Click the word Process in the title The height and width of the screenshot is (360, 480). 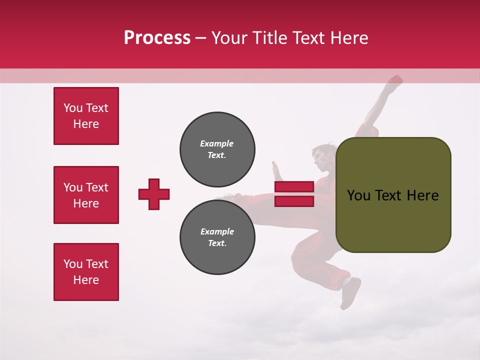pos(157,38)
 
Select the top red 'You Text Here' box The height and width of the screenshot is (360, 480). pos(86,116)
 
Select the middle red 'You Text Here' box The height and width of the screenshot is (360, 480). pos(86,195)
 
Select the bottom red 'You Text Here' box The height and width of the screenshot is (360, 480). pos(86,272)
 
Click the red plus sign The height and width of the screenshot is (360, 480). pos(154,194)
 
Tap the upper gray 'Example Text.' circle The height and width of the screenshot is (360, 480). pos(217,149)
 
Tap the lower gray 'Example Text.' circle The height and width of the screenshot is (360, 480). pos(217,237)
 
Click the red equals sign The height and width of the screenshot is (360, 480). pos(294,194)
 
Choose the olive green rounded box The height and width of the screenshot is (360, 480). pos(393,195)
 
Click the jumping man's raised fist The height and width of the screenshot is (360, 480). pos(395,81)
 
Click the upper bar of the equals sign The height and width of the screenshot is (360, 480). pos(294,187)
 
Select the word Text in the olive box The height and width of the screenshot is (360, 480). pos(392,195)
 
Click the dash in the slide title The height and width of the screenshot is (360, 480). pos(200,38)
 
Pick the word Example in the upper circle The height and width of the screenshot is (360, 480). pos(216,143)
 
